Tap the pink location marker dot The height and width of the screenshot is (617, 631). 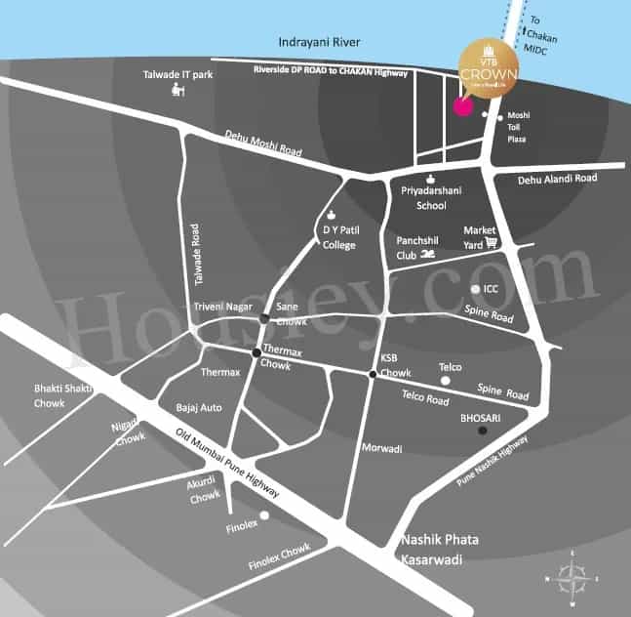tap(462, 106)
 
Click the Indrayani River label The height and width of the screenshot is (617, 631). tap(320, 43)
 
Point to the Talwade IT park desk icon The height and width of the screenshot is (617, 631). tap(177, 91)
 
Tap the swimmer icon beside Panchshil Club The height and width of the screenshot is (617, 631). tap(427, 256)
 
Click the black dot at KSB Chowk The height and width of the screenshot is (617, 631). tap(373, 375)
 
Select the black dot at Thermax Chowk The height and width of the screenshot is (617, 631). tap(256, 352)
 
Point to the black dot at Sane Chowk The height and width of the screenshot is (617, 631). tap(264, 319)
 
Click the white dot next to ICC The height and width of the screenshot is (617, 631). tap(475, 289)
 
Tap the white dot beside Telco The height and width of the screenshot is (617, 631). tap(430, 369)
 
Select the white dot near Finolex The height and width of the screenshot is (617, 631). tap(264, 516)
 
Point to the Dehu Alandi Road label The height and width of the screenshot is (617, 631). tap(557, 179)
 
